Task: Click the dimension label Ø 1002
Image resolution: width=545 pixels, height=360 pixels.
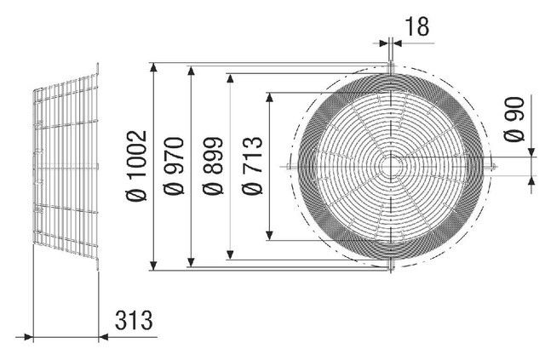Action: click(x=136, y=166)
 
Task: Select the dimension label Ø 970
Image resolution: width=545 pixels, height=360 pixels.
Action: click(x=174, y=166)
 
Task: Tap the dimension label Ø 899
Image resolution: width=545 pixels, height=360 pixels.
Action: click(x=212, y=166)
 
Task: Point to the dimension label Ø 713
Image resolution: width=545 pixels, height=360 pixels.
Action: click(x=252, y=166)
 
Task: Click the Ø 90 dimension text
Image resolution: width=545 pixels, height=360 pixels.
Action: click(x=513, y=119)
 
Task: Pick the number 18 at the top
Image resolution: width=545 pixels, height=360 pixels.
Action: click(x=416, y=26)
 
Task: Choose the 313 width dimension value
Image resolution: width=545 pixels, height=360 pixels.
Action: click(x=134, y=320)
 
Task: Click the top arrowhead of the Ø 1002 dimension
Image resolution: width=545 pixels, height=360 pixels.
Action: click(x=153, y=67)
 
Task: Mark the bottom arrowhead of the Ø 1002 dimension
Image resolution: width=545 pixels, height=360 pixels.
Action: click(x=153, y=266)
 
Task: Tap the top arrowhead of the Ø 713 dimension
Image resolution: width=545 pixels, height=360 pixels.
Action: click(x=269, y=97)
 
